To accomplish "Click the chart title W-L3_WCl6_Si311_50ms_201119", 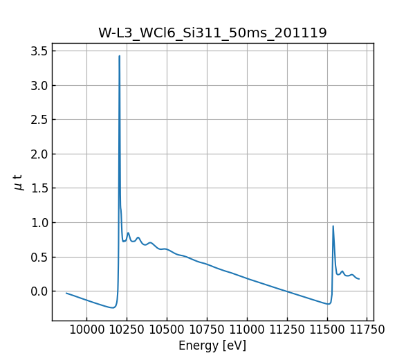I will (x=212, y=33).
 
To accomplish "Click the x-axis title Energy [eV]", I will (x=212, y=345).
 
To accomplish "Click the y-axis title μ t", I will (x=19, y=182).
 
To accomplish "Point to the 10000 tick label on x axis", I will (x=86, y=330).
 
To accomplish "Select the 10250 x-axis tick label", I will (x=127, y=330).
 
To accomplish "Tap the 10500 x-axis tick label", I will (x=167, y=330).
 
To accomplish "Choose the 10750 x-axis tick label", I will (x=207, y=330).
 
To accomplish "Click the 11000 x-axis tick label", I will (x=247, y=330).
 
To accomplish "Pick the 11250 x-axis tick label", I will (x=287, y=330).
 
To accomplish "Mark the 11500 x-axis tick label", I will (x=327, y=330).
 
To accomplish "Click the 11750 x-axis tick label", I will (x=367, y=330).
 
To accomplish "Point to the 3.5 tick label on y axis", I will (x=39, y=51).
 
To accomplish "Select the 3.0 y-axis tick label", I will (x=39, y=85).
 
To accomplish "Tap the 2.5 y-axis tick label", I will (x=39, y=120).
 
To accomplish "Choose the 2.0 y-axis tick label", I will (x=39, y=154).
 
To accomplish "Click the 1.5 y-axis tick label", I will (x=39, y=188).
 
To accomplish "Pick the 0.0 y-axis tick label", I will (x=39, y=291).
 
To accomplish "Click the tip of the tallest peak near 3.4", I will (x=120, y=56).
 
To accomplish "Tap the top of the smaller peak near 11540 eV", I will (x=333, y=226).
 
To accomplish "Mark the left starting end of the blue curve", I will (x=66, y=293).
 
